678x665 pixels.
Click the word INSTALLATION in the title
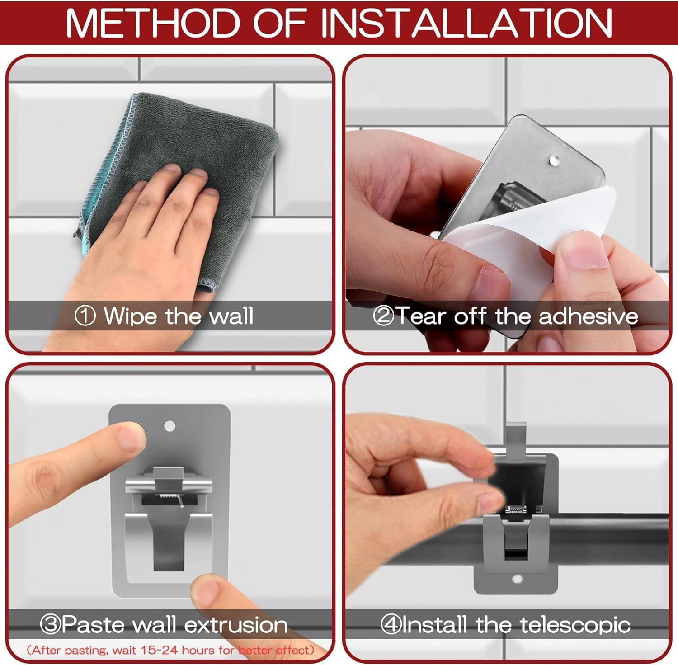pos(466,23)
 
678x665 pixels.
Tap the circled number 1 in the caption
pos(85,316)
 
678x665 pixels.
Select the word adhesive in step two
pos(588,316)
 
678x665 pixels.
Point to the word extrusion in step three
pos(236,625)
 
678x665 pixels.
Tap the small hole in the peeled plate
pos(554,160)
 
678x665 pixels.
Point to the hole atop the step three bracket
pos(169,426)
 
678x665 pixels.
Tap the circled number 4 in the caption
pos(390,625)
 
